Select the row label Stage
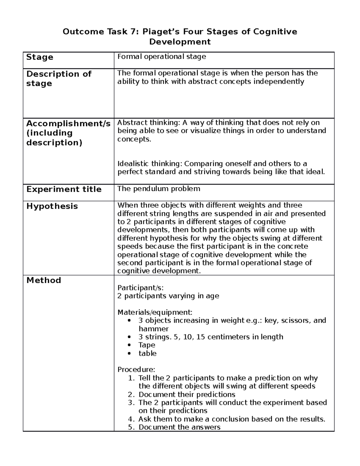click(40, 57)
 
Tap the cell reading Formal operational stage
click(161, 57)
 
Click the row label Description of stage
click(58, 78)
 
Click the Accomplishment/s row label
click(68, 133)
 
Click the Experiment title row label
click(64, 189)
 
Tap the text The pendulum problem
click(158, 189)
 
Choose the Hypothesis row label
click(52, 206)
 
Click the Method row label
click(43, 280)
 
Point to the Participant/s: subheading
click(140, 288)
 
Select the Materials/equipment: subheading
click(155, 312)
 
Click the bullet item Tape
click(147, 345)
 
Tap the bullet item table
click(147, 353)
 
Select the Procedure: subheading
click(136, 369)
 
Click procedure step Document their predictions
click(187, 394)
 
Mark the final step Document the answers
click(179, 427)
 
